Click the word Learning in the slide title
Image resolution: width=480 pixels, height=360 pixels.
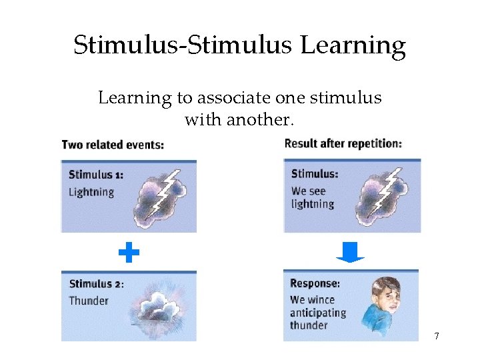pyautogui.click(x=353, y=46)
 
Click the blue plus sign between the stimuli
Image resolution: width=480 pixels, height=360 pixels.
pyautogui.click(x=129, y=253)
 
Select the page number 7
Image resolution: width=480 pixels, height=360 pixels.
pyautogui.click(x=437, y=336)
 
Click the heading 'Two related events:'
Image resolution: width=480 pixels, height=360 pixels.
pyautogui.click(x=113, y=145)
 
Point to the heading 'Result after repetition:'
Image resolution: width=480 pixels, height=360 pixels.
pyautogui.click(x=343, y=143)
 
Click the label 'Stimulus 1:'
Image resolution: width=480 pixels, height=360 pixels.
pyautogui.click(x=96, y=175)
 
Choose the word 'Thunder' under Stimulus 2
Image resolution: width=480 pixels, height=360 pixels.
pyautogui.click(x=89, y=301)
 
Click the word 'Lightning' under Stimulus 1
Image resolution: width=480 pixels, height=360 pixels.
pyautogui.click(x=91, y=192)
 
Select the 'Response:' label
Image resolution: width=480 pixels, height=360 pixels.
pyautogui.click(x=315, y=283)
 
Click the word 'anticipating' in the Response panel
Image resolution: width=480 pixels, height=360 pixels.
pyautogui.click(x=318, y=313)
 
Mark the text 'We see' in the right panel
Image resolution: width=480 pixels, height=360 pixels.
pyautogui.click(x=309, y=191)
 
